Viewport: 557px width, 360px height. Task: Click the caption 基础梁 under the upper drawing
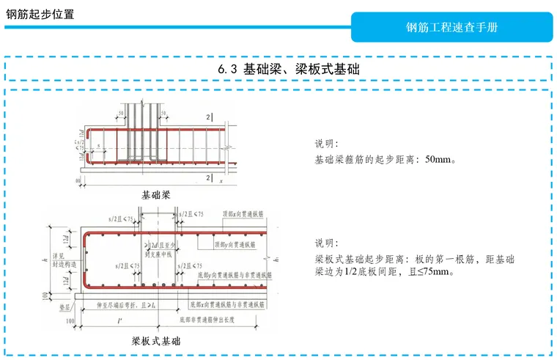tap(155, 195)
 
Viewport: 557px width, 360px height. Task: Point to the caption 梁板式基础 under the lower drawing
tap(155, 341)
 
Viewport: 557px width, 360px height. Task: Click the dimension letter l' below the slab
tap(119, 320)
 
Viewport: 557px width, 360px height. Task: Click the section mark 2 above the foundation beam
tap(208, 117)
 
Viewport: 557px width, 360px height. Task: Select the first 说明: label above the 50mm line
tap(326, 144)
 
